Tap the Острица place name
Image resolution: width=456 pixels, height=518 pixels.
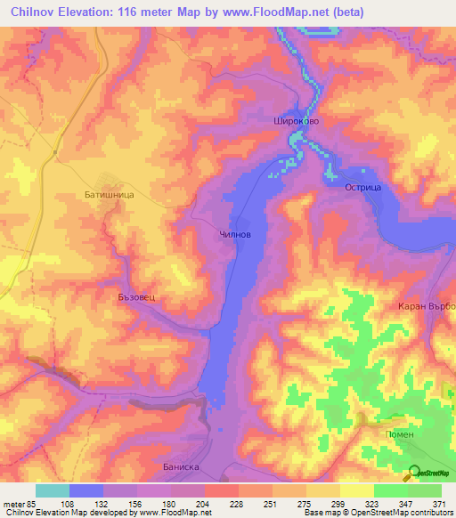click(x=363, y=188)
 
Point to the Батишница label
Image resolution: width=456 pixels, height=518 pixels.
click(x=110, y=192)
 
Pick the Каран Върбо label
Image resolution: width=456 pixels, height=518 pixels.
click(x=426, y=306)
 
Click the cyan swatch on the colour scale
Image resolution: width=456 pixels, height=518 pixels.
click(x=53, y=490)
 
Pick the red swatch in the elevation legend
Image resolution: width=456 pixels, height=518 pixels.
click(x=221, y=490)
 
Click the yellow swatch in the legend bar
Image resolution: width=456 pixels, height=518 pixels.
click(x=356, y=490)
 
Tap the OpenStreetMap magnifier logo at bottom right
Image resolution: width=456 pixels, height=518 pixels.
click(x=413, y=473)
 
